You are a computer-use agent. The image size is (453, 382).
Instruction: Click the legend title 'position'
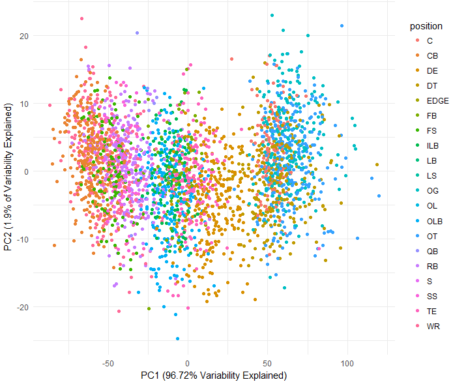coord(426,27)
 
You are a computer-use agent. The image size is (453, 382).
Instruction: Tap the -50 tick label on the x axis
coord(108,363)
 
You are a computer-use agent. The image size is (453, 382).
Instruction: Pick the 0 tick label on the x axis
coord(188,363)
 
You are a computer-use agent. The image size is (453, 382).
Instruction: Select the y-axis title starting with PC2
coord(8,184)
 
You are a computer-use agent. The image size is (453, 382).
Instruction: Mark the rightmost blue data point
coord(379,196)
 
